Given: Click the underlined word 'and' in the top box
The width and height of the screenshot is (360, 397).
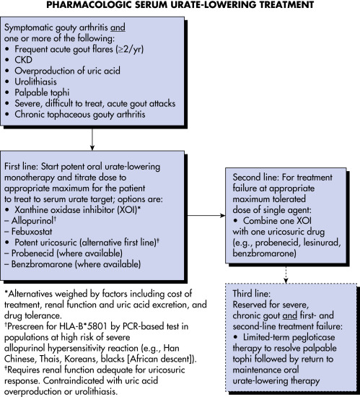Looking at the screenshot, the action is coord(118,27).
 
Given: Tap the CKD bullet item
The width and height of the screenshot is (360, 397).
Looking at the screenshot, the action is coord(24,60).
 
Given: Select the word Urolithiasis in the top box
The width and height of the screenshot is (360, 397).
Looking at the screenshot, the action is coord(35,82).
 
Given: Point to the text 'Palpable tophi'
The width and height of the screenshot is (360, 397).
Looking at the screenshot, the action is coord(42,92).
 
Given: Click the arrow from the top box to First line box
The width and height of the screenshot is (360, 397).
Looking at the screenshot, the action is coord(92,139).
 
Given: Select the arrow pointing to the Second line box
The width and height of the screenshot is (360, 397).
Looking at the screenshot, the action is coord(206,216).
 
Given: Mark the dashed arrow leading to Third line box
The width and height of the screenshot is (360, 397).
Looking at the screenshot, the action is coord(286,274).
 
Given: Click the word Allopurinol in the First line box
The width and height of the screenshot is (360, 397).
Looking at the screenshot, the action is coord(32,221).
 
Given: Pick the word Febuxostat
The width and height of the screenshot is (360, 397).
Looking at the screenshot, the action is coord(32,232).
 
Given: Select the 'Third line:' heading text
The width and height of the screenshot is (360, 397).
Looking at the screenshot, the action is coord(252,294).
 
